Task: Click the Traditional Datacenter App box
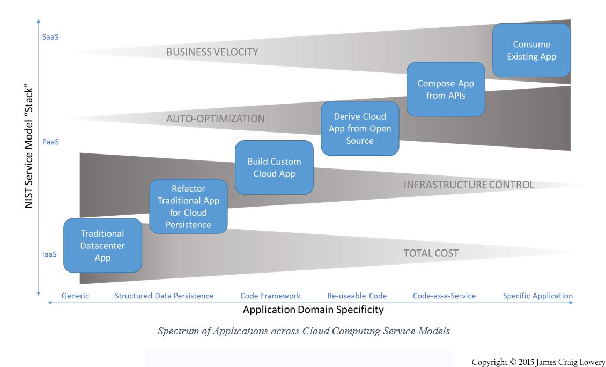tap(102, 246)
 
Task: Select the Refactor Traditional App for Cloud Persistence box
tap(188, 207)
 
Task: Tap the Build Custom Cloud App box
tap(274, 167)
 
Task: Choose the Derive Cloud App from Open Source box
tap(360, 128)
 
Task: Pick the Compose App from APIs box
tap(446, 89)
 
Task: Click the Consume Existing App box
tap(531, 50)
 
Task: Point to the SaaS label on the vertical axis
tap(50, 38)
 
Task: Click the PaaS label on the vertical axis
tap(50, 142)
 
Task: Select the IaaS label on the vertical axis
tap(49, 254)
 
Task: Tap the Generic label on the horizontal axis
tap(75, 296)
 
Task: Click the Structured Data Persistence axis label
tap(164, 296)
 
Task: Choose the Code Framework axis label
tap(270, 296)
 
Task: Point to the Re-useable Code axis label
tap(357, 296)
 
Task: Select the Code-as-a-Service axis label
tap(444, 296)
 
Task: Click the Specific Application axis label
tap(537, 296)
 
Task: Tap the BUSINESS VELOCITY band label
tap(212, 52)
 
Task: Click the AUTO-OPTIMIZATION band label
tap(215, 119)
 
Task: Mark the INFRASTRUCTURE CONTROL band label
tap(468, 185)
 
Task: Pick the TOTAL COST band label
tap(431, 253)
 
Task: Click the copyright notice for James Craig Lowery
tap(538, 362)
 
